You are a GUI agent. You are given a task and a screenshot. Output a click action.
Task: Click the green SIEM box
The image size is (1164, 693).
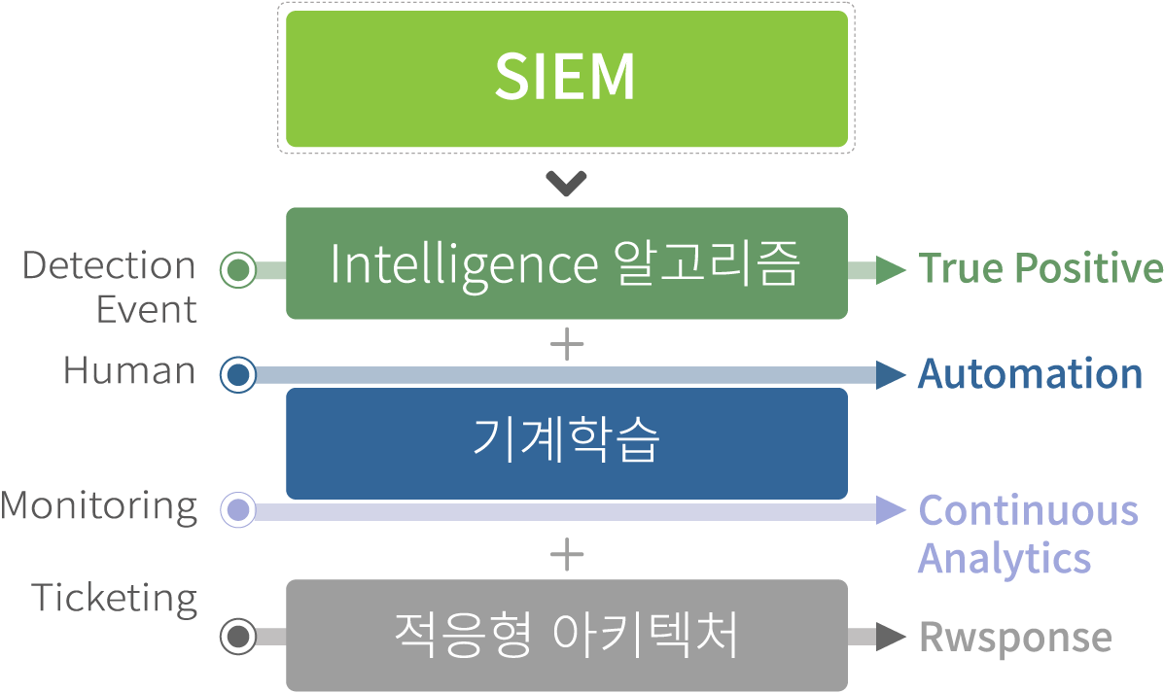(x=566, y=79)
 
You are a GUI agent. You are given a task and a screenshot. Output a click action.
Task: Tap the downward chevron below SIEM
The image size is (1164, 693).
(x=566, y=183)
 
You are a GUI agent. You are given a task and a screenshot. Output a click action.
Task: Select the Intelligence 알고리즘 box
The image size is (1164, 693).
(x=566, y=263)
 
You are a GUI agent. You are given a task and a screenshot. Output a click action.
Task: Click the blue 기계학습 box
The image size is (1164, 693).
(x=566, y=442)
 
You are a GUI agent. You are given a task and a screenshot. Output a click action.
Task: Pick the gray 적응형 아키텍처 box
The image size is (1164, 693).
(x=566, y=635)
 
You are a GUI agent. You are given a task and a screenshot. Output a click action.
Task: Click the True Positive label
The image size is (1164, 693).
(x=1040, y=268)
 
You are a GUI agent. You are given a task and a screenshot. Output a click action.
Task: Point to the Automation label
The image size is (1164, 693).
(x=1030, y=374)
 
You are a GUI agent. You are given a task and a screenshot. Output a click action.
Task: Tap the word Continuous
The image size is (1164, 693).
(x=1028, y=510)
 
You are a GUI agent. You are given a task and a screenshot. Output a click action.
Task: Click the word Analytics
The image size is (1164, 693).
(x=1005, y=559)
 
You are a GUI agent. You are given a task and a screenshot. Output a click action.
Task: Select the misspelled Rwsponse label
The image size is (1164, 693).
(x=1015, y=638)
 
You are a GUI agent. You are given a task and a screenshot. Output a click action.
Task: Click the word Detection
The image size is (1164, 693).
(x=109, y=265)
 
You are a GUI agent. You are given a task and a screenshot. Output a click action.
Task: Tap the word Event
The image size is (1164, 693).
(x=146, y=310)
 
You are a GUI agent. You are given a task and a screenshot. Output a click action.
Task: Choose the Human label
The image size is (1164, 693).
(x=129, y=370)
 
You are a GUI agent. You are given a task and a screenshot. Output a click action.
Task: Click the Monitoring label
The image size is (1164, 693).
(x=99, y=506)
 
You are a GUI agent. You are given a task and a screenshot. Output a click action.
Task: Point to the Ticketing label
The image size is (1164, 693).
(x=115, y=598)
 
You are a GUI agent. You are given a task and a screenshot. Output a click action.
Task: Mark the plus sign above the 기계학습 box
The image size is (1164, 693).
(x=566, y=345)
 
